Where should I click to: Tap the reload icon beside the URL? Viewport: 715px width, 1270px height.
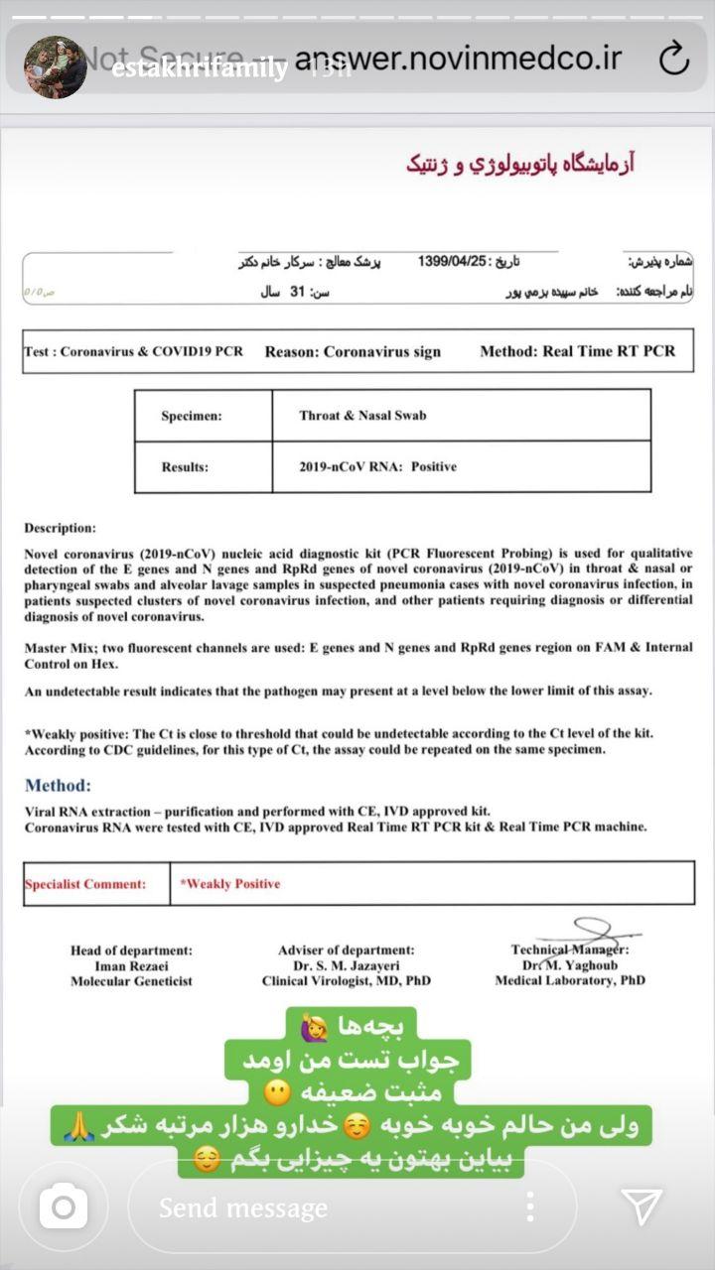click(673, 58)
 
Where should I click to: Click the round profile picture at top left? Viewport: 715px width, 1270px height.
click(55, 66)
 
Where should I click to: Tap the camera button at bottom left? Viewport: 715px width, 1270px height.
click(64, 1206)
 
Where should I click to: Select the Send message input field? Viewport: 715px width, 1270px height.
click(328, 1207)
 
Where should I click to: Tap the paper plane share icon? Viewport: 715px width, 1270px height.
click(642, 1206)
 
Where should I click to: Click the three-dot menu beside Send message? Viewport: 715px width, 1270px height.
click(530, 1206)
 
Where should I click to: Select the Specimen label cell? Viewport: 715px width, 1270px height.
click(192, 417)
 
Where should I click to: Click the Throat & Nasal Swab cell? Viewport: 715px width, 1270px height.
click(362, 416)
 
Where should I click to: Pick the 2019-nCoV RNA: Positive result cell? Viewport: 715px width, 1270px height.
click(377, 466)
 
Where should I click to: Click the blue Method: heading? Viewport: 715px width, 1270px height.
click(58, 785)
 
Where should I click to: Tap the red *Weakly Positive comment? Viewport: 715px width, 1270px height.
click(230, 883)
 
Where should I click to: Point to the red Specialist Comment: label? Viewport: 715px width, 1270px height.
click(85, 884)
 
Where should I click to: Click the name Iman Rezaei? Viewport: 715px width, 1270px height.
click(131, 965)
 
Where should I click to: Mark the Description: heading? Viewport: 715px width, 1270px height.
click(61, 528)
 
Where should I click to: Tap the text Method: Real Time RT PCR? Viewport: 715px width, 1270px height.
click(577, 351)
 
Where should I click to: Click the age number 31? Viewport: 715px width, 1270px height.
click(296, 293)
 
